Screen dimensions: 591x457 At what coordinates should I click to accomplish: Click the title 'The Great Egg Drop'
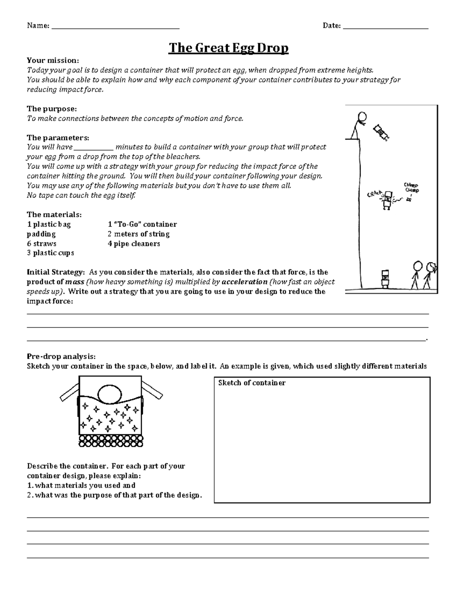click(x=228, y=48)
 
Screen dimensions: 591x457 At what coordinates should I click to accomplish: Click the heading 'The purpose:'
click(x=51, y=109)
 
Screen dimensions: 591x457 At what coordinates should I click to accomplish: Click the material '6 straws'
click(x=42, y=244)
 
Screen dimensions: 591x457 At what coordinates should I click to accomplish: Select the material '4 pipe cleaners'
click(x=134, y=244)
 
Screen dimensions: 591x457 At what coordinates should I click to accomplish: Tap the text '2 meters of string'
click(x=138, y=234)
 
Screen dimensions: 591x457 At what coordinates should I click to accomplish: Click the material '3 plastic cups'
click(x=50, y=253)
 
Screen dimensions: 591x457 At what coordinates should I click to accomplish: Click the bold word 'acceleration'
click(x=244, y=282)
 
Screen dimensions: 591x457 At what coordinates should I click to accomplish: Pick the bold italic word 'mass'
click(x=75, y=282)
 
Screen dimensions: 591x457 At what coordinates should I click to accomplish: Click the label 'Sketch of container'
click(x=252, y=383)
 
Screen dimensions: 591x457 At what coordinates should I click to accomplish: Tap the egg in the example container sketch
click(x=110, y=393)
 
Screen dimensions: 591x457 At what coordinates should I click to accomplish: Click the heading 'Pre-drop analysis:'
click(x=61, y=357)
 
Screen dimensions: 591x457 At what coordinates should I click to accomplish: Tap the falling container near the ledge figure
click(x=382, y=132)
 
